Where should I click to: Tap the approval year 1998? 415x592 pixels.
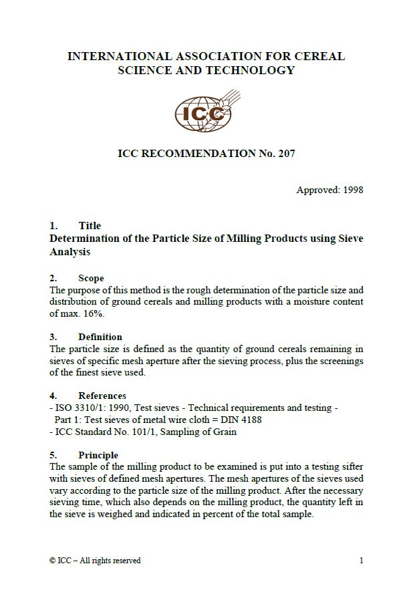tap(352, 190)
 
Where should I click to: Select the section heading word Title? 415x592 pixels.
tap(90, 226)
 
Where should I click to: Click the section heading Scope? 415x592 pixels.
tap(91, 278)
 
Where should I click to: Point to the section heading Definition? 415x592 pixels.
tap(100, 337)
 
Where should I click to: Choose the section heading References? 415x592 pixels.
tap(102, 396)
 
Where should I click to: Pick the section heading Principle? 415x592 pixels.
tap(98, 456)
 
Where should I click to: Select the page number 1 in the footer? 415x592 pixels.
tap(361, 561)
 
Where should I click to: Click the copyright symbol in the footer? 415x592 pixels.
tap(53, 561)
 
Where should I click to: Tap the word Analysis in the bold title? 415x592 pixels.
tap(70, 252)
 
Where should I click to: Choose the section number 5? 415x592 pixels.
tap(52, 456)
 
